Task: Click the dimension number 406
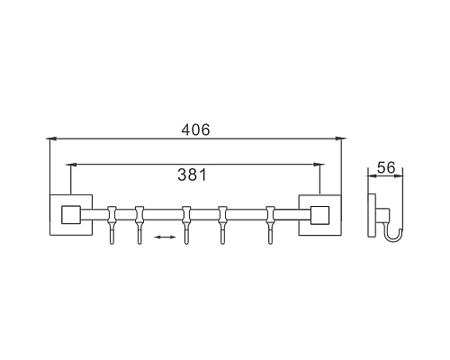[x=194, y=130]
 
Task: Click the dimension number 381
[x=194, y=175]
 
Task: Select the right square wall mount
[x=319, y=215]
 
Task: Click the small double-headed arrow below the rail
[x=164, y=237]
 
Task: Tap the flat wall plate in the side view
[x=371, y=215]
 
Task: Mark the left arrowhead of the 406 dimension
[x=51, y=139]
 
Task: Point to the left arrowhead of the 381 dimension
[x=73, y=164]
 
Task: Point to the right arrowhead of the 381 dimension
[x=318, y=164]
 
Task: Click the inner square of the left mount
[x=68, y=215]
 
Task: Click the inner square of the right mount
[x=319, y=215]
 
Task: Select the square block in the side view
[x=382, y=214]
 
